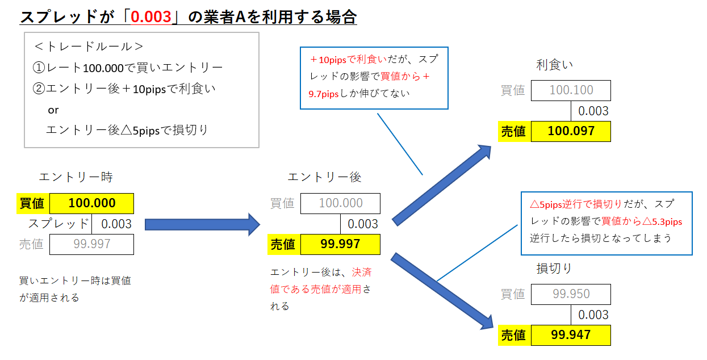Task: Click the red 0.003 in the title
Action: pos(151,16)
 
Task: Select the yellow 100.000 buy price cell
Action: pos(92,203)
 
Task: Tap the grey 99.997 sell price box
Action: pos(92,244)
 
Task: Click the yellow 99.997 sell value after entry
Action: pos(340,244)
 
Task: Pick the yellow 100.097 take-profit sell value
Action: pos(571,131)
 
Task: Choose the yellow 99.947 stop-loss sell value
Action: pos(571,335)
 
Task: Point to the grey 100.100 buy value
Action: pos(571,90)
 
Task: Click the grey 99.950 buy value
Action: pos(571,294)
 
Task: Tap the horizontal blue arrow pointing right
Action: pos(203,225)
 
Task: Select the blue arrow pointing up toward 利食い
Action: pos(442,185)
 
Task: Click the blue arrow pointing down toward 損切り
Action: pos(442,291)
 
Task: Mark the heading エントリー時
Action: pos(76,177)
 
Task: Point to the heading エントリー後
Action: pos(324,177)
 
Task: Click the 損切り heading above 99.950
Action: pos(554,268)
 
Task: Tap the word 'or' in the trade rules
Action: pos(53,110)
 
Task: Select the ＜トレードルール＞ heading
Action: pos(89,47)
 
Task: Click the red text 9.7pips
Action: pos(323,94)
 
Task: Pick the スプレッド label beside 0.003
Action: pos(58,224)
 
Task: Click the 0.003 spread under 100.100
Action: pos(593,111)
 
